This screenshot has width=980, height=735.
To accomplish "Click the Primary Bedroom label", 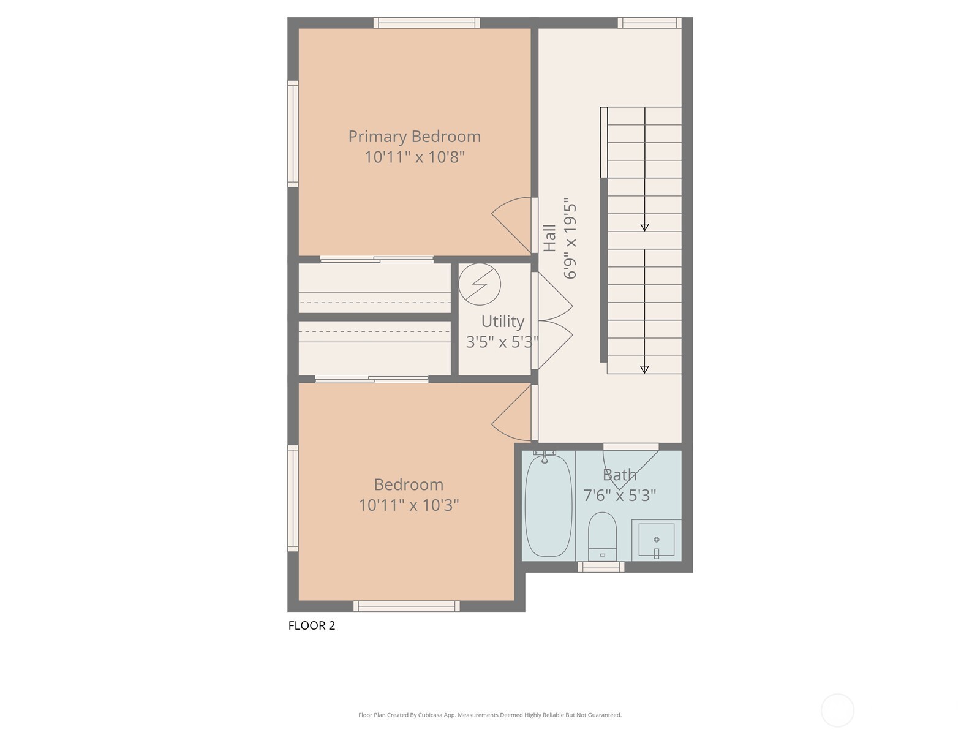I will [414, 137].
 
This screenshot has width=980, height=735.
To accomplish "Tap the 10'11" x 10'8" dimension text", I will [414, 157].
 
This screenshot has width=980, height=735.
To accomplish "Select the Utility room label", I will [502, 322].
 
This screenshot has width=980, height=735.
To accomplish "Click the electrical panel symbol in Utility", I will [480, 284].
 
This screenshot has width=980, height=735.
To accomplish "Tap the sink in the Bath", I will [656, 540].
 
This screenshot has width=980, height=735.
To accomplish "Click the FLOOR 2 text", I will [312, 625].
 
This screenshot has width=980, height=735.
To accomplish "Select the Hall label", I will [550, 238].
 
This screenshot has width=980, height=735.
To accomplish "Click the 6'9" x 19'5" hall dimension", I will [570, 238].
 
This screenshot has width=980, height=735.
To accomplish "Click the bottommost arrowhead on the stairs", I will [644, 369].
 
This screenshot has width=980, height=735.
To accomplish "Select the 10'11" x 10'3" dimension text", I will [409, 505].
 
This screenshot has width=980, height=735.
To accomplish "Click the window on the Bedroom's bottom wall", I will [406, 606].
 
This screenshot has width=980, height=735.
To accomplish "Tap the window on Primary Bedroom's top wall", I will [426, 23].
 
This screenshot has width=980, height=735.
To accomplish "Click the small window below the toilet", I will [601, 567].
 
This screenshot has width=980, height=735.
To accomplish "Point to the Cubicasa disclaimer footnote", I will [489, 715].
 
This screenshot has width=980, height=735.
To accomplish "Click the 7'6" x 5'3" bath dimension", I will [619, 496].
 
